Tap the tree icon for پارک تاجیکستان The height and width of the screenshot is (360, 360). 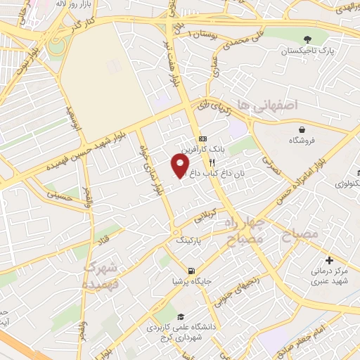tap(307, 39)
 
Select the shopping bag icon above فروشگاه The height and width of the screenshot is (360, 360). tap(302, 129)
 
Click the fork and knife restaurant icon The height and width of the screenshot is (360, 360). tap(202, 162)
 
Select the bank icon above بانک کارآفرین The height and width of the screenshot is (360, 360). tap(202, 139)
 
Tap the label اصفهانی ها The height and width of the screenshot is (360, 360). tap(268, 104)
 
